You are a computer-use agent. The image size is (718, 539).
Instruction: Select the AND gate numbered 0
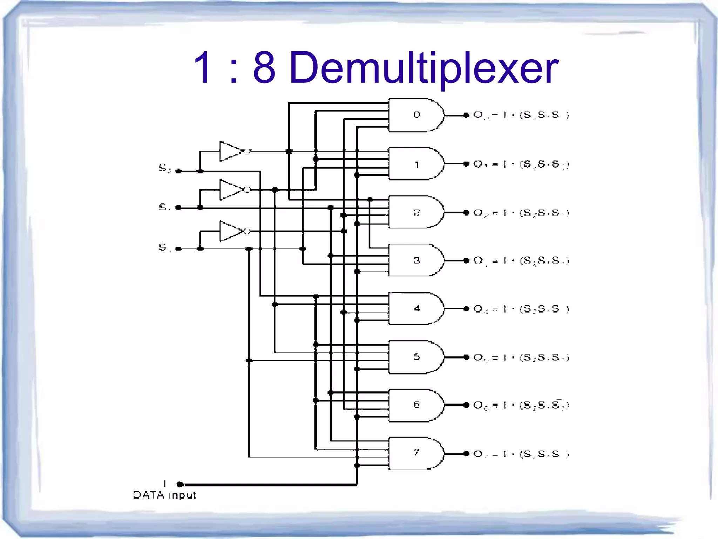(x=416, y=115)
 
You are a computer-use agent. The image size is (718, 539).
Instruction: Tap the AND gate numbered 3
(x=416, y=260)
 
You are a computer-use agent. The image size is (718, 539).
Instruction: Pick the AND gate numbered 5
(x=416, y=357)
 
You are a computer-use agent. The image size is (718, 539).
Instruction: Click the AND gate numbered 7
(x=416, y=453)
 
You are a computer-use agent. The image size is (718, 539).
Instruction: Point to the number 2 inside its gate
(x=416, y=213)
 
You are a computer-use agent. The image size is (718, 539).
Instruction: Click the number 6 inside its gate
(x=416, y=405)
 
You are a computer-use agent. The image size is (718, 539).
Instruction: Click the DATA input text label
(x=164, y=495)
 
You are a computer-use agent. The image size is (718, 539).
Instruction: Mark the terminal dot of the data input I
(x=180, y=485)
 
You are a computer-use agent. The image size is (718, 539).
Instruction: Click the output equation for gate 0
(x=521, y=115)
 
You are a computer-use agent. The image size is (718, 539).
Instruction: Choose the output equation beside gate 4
(x=521, y=309)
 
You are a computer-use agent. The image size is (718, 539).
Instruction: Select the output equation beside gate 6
(x=521, y=405)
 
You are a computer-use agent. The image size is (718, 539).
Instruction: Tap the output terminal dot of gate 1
(x=466, y=164)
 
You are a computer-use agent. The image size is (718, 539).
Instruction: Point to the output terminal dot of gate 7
(x=466, y=454)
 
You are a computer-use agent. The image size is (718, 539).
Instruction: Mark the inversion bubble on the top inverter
(x=247, y=151)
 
